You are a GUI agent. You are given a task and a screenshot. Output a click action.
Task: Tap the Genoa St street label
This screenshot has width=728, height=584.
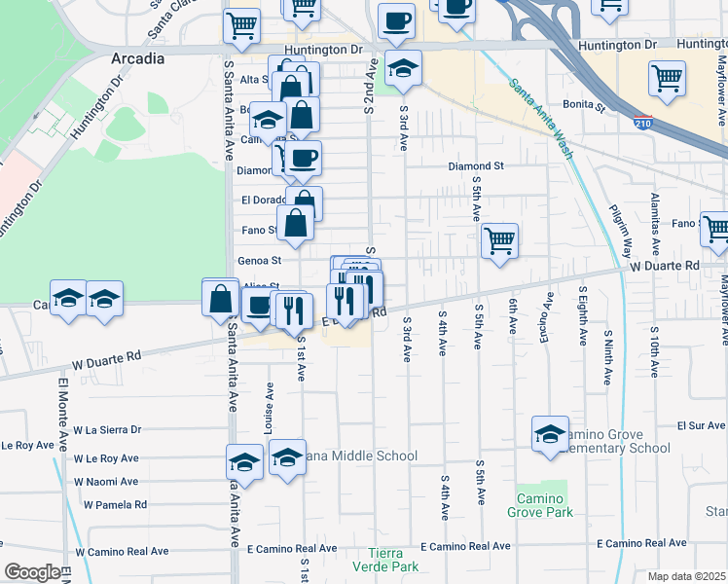(259, 261)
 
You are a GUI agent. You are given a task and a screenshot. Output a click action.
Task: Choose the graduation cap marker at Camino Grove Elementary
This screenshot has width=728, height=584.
(550, 433)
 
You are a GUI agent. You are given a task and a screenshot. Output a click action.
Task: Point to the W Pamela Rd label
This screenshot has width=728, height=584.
(115, 504)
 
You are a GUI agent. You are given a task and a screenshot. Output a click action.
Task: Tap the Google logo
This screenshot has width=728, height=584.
(31, 572)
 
